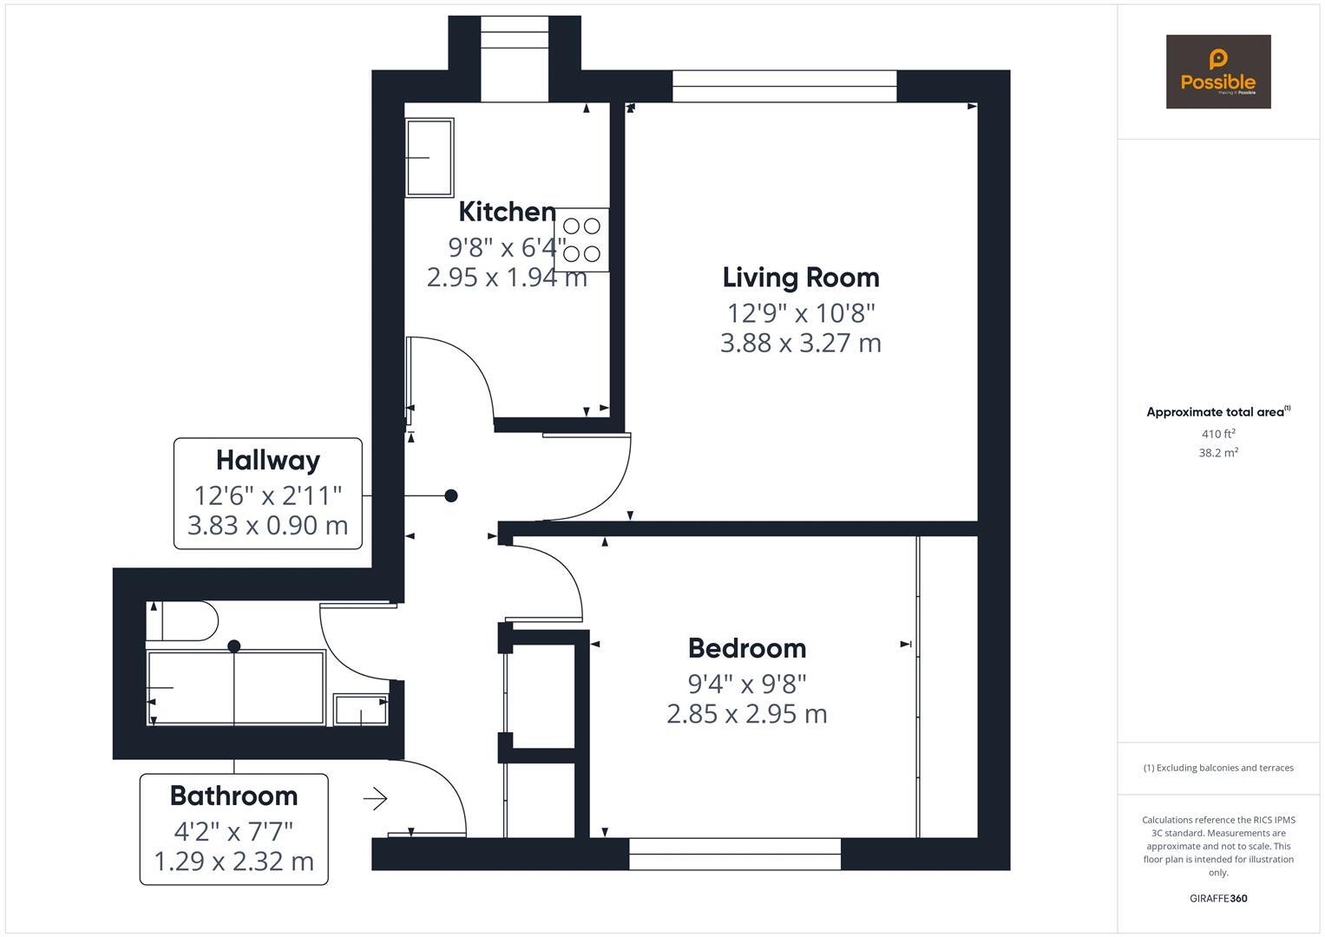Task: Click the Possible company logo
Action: pyautogui.click(x=1217, y=72)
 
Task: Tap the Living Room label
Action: pyautogui.click(x=800, y=278)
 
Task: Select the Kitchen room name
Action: pyautogui.click(x=507, y=212)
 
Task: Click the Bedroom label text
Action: pyautogui.click(x=746, y=648)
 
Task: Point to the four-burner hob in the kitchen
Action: pyautogui.click(x=581, y=239)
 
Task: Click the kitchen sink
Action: pyautogui.click(x=430, y=157)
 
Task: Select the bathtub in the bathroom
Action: pyautogui.click(x=235, y=687)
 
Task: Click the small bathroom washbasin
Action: pyautogui.click(x=360, y=709)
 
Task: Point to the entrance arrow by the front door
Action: pyautogui.click(x=375, y=798)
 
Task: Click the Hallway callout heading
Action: pyautogui.click(x=267, y=460)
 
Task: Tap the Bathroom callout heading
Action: pyautogui.click(x=233, y=796)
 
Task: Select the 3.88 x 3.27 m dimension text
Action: pyautogui.click(x=800, y=343)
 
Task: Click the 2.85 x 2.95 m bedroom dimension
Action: pyautogui.click(x=746, y=714)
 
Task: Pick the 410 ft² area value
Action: pyautogui.click(x=1217, y=434)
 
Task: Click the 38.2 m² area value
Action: pyautogui.click(x=1217, y=452)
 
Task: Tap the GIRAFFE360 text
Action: pyautogui.click(x=1217, y=898)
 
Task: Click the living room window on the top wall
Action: pyautogui.click(x=784, y=86)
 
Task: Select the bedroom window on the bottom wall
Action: pyautogui.click(x=734, y=854)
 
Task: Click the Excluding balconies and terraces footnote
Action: pyautogui.click(x=1217, y=768)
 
